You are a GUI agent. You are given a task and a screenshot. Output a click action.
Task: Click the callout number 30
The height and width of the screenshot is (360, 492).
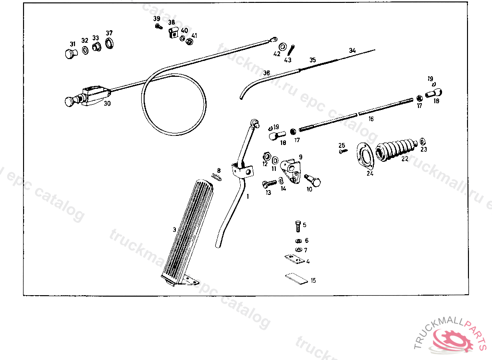[107, 103]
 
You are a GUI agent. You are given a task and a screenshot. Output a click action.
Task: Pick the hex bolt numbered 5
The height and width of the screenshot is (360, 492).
[297, 225]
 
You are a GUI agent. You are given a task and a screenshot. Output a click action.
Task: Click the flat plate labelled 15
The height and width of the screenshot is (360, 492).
[295, 279]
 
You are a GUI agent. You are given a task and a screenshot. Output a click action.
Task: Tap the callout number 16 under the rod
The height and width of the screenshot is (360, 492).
[371, 119]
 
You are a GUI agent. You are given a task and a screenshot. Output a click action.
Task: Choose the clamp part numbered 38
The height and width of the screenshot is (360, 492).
[173, 33]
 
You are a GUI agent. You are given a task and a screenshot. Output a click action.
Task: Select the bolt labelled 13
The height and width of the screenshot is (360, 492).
[270, 183]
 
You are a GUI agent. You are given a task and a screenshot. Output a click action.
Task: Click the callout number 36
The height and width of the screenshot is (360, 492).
[266, 73]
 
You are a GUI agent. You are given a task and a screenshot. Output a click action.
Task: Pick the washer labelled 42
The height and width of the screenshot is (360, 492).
[283, 47]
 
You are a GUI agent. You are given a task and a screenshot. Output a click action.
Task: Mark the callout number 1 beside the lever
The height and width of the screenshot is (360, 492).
[248, 196]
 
